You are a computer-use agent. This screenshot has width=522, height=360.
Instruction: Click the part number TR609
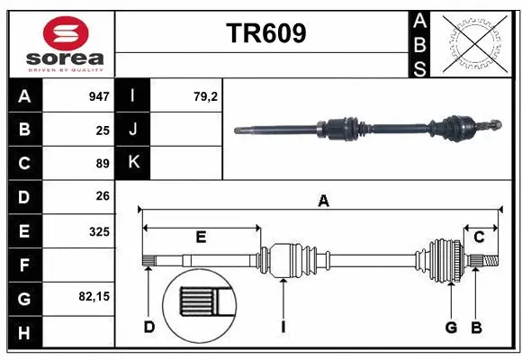coord(265,33)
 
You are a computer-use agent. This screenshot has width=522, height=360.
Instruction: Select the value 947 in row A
coord(98,96)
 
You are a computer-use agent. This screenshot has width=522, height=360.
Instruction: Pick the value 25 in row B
coord(103,130)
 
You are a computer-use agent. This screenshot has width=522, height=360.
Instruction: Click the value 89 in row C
coord(103,164)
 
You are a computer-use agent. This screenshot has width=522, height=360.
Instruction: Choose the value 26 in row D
coord(103,196)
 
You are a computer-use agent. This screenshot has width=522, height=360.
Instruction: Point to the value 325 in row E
coord(99,231)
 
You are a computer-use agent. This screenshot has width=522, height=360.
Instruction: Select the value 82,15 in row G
coord(94,295)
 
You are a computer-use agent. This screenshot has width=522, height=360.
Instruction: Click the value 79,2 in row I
coord(206,96)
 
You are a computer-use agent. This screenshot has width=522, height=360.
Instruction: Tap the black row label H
coord(23,333)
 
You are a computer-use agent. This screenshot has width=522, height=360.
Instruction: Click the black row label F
coord(23,265)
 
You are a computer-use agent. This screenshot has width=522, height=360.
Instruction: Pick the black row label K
coord(133,163)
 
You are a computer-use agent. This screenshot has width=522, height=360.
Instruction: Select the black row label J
coord(133,130)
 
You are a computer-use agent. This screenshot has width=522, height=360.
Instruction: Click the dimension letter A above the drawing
coord(322,202)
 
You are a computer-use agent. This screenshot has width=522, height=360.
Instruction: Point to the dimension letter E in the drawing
coord(201,238)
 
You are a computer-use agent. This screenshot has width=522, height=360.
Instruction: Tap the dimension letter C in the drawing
coord(479,238)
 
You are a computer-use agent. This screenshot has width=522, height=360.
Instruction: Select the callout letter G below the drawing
coord(452,327)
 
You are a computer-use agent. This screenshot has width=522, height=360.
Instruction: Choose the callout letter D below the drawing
coord(149,327)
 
